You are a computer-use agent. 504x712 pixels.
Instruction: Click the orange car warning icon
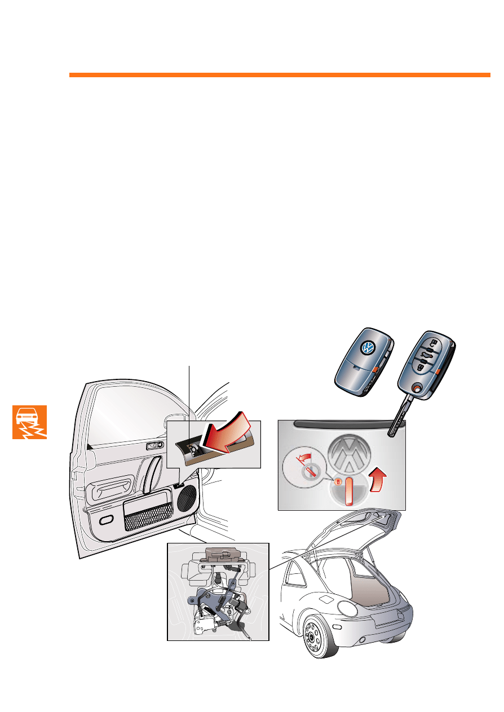pos(30,422)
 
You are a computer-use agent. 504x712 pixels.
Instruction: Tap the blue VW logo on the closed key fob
pos(368,347)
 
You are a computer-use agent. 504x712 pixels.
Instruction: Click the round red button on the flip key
pos(416,388)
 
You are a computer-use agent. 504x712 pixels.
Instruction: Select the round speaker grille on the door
pos(186,496)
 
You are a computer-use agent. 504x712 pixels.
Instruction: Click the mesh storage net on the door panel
pos(148,517)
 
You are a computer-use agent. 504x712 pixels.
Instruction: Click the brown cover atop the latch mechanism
pos(222,553)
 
